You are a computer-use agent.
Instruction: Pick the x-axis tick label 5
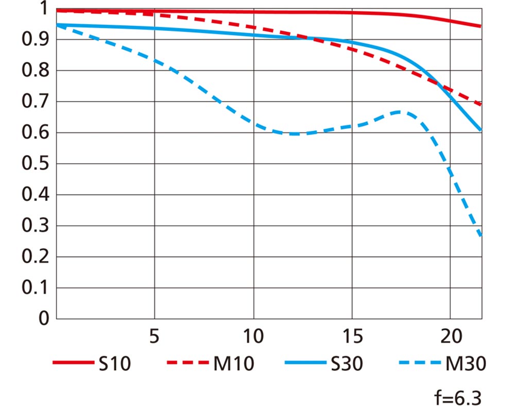point(154,337)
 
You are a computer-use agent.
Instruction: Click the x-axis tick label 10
point(253,337)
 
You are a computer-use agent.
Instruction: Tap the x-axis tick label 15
point(352,337)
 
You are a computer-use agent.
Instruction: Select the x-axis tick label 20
point(451,337)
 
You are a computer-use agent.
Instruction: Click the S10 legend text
point(114,364)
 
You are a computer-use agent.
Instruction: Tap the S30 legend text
point(346,364)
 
